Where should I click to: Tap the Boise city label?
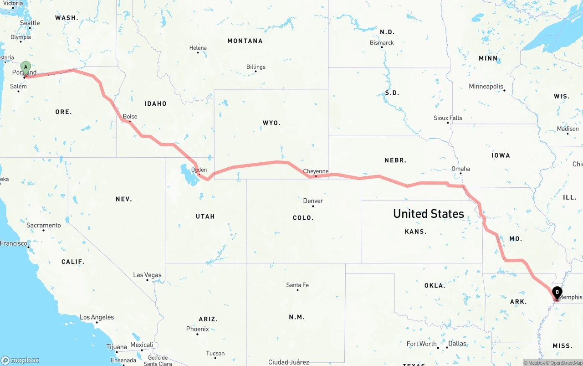[130, 117]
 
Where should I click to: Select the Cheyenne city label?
[316, 171]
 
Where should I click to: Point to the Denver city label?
[313, 201]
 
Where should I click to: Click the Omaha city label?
[460, 169]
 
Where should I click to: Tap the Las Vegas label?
[147, 275]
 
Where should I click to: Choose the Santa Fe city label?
[297, 285]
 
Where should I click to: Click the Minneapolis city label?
[486, 86]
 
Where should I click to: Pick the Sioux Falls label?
[448, 118]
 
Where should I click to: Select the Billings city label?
[256, 67]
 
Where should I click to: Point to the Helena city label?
[198, 48]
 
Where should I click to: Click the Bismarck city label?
[382, 43]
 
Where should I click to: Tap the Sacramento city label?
[43, 225]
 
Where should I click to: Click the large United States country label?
[428, 213]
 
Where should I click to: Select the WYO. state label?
[271, 123]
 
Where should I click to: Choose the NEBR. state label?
[395, 160]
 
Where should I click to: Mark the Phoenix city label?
[197, 329]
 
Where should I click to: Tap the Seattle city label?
[30, 23]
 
